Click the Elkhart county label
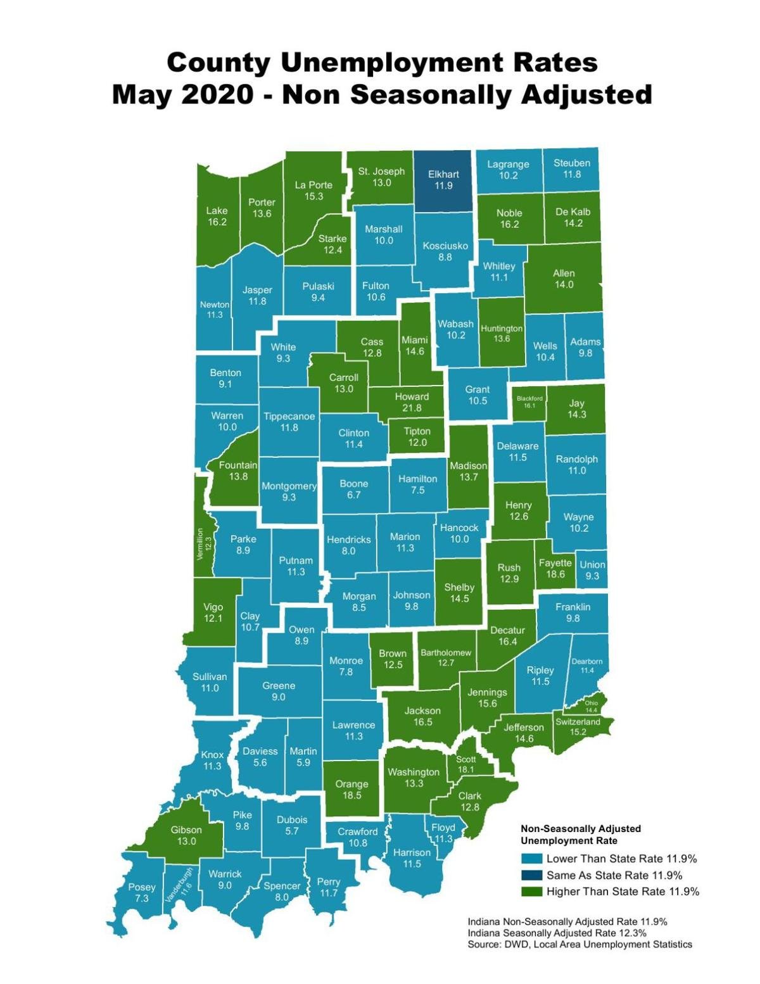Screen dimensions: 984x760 [443, 174]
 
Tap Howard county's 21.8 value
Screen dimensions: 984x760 [412, 408]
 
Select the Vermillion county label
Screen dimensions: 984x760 [199, 544]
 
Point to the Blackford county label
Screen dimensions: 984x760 [529, 398]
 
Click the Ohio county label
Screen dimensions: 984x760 [591, 703]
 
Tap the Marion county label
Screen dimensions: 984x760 [405, 536]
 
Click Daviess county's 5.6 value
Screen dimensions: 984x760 [260, 762]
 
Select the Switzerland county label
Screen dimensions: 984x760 [578, 721]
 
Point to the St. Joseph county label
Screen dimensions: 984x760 [381, 171]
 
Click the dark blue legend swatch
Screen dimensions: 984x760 [531, 875]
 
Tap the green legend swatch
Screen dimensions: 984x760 [531, 892]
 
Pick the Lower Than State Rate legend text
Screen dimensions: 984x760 [621, 859]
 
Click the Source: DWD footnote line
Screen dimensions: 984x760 [579, 944]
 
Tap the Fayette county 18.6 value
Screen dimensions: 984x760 [555, 574]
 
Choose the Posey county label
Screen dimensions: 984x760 [141, 887]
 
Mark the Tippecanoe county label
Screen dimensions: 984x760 [289, 416]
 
